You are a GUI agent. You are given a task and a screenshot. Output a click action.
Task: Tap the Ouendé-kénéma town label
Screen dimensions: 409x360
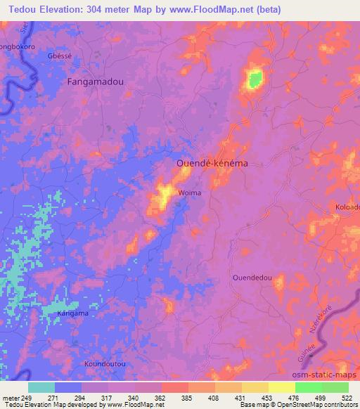point(212,162)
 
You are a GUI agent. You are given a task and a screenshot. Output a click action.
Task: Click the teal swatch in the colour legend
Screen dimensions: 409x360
point(41,387)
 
